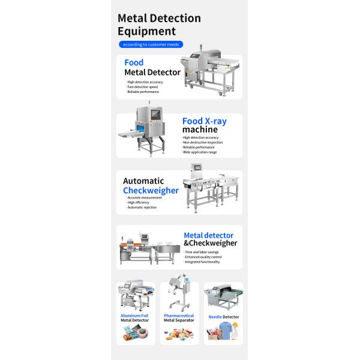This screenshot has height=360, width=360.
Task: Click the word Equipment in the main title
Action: click(x=146, y=31)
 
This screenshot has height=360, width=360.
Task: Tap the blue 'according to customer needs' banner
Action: click(x=151, y=44)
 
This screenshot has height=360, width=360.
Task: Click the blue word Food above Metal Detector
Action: click(x=133, y=62)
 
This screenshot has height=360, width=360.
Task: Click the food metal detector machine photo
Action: click(x=208, y=75)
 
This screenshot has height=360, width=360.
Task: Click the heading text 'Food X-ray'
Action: click(x=205, y=121)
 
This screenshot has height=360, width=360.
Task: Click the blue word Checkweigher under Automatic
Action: click(x=151, y=190)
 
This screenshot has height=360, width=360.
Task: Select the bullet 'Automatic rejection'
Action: click(x=142, y=208)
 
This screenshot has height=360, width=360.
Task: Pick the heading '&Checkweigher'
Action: click(x=211, y=243)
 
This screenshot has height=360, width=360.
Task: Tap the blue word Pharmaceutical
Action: click(x=179, y=314)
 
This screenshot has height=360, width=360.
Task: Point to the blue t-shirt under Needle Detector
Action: click(x=226, y=331)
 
